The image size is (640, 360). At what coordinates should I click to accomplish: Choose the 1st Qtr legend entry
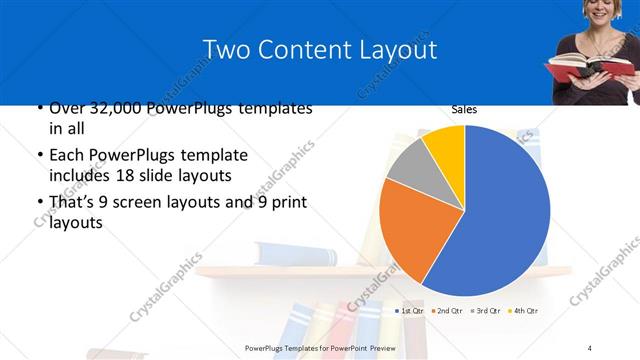[411, 311]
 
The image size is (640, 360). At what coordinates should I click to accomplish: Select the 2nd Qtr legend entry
[450, 311]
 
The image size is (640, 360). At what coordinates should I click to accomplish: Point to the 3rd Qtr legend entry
[489, 311]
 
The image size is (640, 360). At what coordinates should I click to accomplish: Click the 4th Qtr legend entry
[527, 311]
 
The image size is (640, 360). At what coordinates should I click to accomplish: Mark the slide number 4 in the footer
[590, 347]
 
